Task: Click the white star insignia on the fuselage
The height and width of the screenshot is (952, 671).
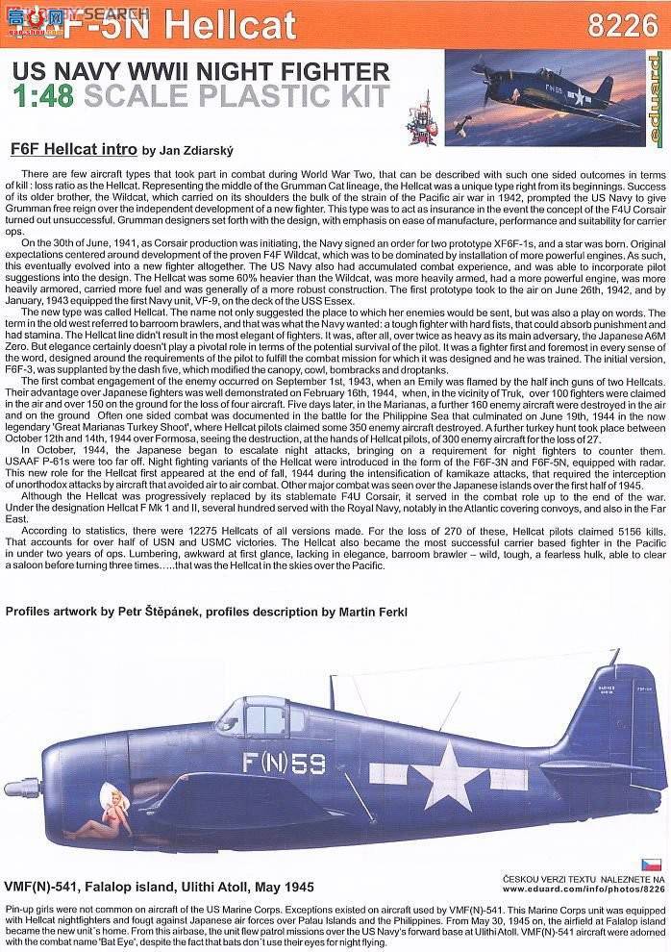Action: pos(448,772)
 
